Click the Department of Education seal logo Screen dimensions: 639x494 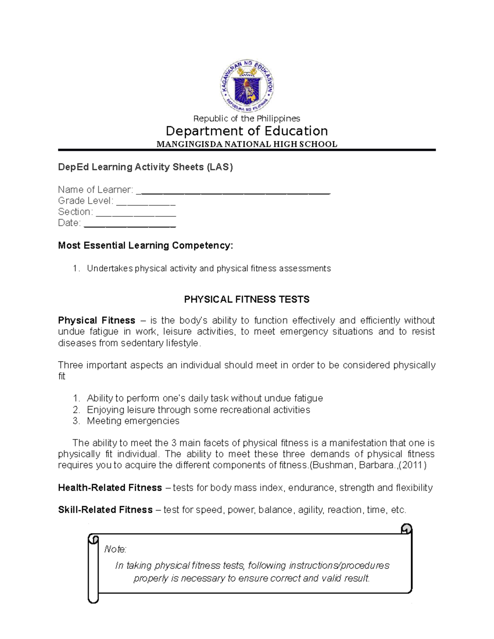click(x=247, y=86)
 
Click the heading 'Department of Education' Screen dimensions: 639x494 click(x=247, y=131)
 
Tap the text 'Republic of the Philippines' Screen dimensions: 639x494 click(x=247, y=119)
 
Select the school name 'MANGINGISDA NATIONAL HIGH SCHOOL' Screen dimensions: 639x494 click(x=247, y=144)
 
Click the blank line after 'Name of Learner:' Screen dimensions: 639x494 click(x=233, y=191)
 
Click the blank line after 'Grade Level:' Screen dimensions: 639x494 click(x=146, y=202)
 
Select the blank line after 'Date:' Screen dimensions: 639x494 click(x=130, y=224)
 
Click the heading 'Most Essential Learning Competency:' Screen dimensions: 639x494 click(x=145, y=246)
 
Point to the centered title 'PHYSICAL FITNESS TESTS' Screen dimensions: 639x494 click(x=247, y=300)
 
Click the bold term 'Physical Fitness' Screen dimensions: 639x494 click(x=97, y=321)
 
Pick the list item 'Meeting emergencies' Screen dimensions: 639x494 click(x=133, y=421)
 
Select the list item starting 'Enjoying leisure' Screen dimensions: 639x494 click(x=198, y=410)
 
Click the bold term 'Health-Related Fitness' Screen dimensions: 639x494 click(x=110, y=488)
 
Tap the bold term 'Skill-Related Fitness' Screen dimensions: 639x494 click(x=105, y=510)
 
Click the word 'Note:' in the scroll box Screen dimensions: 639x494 click(x=115, y=549)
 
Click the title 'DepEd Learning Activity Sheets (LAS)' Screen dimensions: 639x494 click(x=145, y=167)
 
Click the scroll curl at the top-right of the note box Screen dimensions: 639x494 click(x=406, y=529)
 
